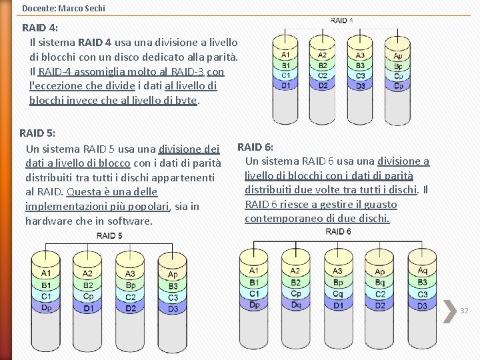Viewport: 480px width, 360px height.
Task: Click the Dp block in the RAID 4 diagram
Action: [398, 85]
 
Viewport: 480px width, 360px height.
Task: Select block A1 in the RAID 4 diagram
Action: [285, 55]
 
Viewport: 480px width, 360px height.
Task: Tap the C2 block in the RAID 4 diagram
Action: [323, 75]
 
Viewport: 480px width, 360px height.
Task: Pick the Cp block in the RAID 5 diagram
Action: [87, 297]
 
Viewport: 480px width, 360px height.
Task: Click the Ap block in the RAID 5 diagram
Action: [173, 274]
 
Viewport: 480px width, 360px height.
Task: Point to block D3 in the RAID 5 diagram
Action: [173, 309]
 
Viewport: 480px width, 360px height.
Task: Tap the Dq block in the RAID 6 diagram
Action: [296, 305]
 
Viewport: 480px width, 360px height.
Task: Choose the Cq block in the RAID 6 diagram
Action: [338, 293]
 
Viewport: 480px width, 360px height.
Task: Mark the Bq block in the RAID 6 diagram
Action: [380, 283]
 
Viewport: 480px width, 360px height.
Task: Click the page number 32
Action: [464, 311]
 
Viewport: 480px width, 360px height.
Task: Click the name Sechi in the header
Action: [93, 9]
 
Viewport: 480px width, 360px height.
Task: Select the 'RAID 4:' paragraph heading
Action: [39, 28]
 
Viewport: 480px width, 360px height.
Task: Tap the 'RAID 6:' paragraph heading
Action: [255, 147]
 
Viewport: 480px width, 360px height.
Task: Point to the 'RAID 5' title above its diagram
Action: [109, 236]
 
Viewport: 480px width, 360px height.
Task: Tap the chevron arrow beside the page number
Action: [449, 309]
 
